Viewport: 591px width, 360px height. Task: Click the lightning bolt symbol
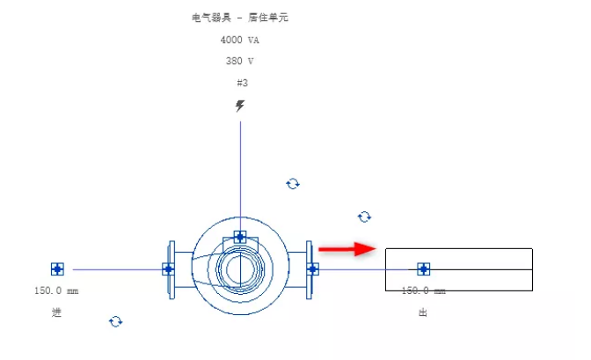(x=240, y=107)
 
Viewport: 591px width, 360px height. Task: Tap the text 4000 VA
(x=240, y=40)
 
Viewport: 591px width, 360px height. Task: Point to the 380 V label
(x=240, y=62)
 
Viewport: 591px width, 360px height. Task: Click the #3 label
(x=242, y=83)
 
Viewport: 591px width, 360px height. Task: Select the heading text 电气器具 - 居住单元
(x=239, y=18)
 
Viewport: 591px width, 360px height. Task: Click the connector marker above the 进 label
(x=58, y=269)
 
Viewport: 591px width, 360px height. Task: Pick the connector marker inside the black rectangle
(x=423, y=269)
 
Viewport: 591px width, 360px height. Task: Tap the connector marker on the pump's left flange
(x=168, y=269)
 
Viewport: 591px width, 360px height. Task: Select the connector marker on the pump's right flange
(x=312, y=269)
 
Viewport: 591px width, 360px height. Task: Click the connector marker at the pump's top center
(x=240, y=237)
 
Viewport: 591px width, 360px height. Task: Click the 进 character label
(x=57, y=312)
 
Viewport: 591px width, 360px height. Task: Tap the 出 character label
(x=423, y=312)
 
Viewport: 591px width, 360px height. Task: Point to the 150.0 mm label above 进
(x=57, y=290)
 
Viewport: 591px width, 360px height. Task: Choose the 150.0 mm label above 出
(x=423, y=290)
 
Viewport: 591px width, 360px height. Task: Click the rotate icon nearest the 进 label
(x=115, y=322)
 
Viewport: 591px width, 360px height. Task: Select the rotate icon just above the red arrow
(x=365, y=217)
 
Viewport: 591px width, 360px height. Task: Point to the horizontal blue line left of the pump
(x=114, y=269)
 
